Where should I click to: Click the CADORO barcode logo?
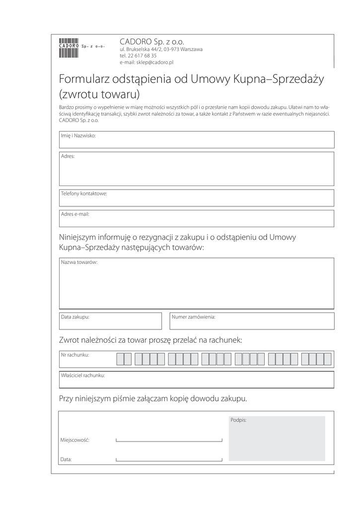69,48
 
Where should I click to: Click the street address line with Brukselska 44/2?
161,50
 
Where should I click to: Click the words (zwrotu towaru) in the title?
99,93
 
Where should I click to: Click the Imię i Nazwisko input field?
197,140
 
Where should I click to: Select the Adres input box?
197,169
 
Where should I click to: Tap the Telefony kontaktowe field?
197,198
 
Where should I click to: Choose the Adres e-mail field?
197,218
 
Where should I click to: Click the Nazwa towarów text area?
197,284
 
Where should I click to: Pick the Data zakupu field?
110,321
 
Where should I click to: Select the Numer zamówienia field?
251,321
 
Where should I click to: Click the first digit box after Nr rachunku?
120,359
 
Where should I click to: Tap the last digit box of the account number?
327,359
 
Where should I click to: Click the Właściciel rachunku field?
197,380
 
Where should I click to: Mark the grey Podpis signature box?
277,439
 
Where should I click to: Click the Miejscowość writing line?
169,440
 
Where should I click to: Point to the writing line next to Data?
169,459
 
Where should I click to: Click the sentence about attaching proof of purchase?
153,398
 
